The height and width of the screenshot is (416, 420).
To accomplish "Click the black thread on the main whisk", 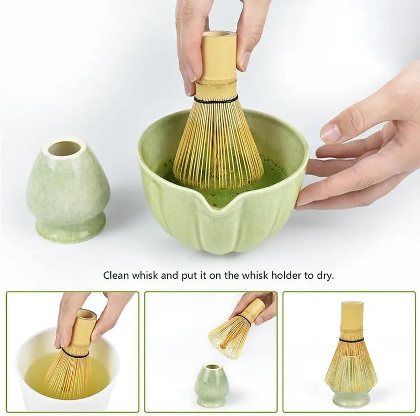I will click(x=216, y=99).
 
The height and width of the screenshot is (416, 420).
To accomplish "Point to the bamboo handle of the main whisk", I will click(x=218, y=57).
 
